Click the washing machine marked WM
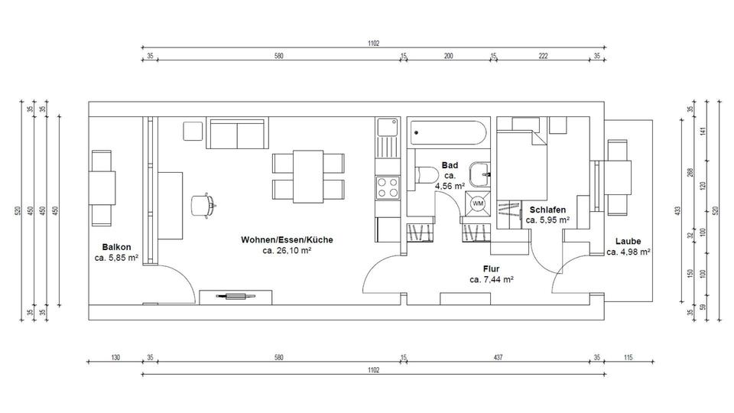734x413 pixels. [478, 203]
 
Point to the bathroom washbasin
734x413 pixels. [481, 174]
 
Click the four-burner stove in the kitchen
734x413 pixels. [387, 187]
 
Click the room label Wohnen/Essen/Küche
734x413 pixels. [287, 239]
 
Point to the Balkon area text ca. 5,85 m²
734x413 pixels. [116, 258]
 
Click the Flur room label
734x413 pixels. [491, 268]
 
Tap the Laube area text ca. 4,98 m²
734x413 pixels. [628, 252]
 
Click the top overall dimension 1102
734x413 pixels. [373, 44]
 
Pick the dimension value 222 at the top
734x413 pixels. [543, 57]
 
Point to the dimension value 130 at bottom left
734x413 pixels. [115, 357]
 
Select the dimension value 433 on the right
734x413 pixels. [677, 210]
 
